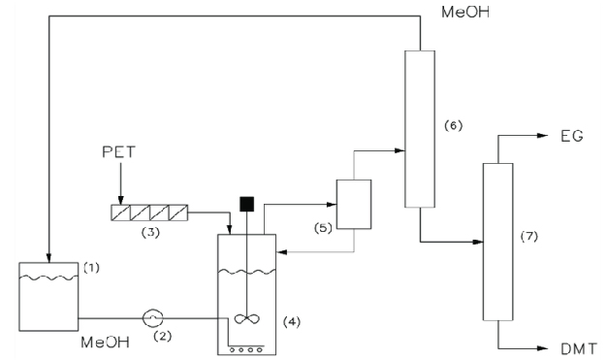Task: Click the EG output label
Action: (x=570, y=135)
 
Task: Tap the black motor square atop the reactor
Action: (x=246, y=206)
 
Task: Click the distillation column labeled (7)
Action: (x=497, y=241)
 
